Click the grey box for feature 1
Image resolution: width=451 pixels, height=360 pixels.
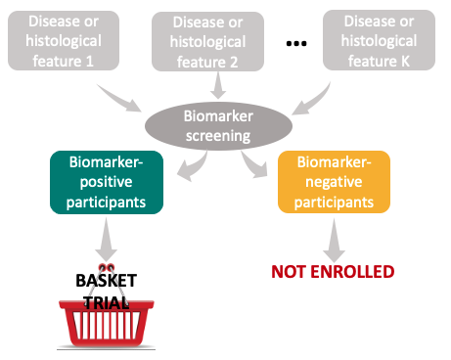64,40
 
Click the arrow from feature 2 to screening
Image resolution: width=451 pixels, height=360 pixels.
213,90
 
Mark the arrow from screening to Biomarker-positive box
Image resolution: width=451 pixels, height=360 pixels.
187,165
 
